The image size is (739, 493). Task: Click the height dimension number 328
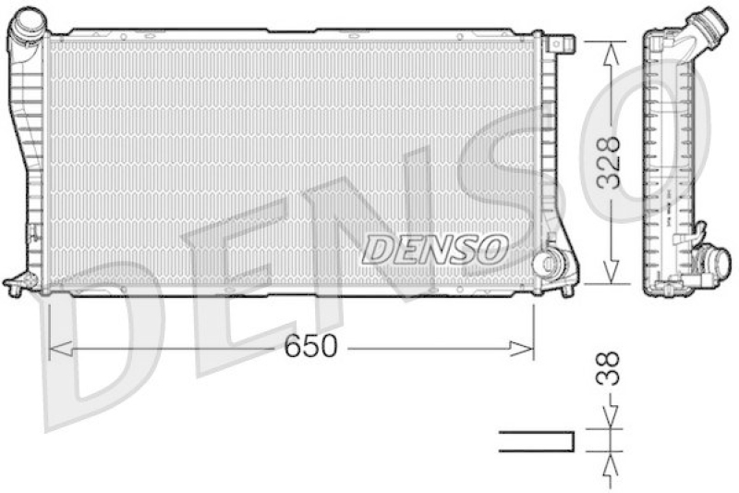tap(608, 162)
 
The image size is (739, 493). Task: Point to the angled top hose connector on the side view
tap(707, 25)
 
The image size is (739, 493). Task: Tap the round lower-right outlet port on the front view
tap(549, 263)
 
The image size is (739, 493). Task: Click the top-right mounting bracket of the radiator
tap(560, 43)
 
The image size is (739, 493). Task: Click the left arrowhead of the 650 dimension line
tap(54, 348)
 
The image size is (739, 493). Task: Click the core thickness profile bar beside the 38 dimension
tap(536, 441)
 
